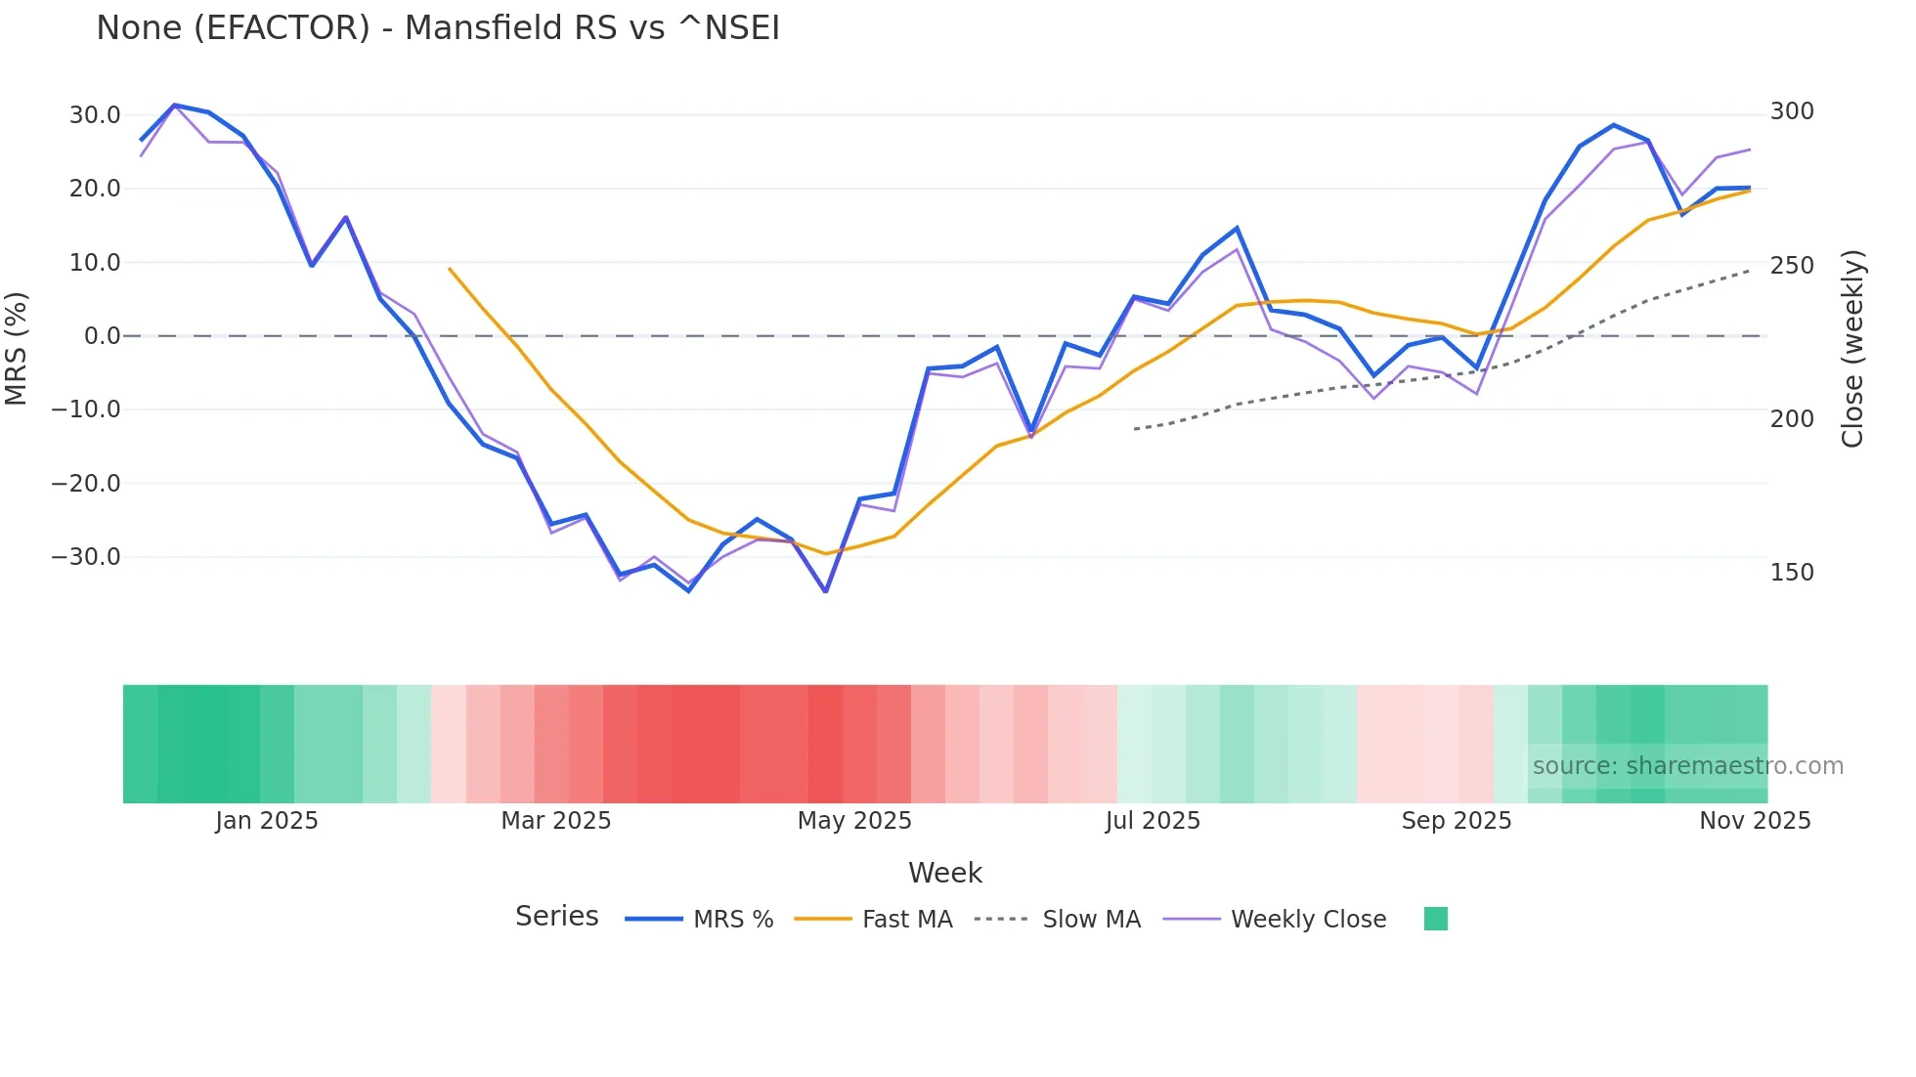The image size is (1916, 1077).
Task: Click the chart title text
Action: click(438, 28)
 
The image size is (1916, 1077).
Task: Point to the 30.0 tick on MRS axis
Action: click(95, 115)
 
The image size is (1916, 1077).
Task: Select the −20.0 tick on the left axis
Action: click(86, 484)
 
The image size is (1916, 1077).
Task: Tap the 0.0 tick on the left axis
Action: click(103, 336)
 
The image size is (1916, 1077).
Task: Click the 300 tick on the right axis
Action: click(1792, 111)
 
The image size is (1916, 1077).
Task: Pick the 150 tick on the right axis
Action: click(1792, 573)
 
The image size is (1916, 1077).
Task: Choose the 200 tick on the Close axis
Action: click(1792, 419)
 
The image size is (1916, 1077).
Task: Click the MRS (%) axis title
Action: click(17, 348)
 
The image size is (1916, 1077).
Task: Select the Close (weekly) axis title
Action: click(1852, 348)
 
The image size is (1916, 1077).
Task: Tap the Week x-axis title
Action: click(944, 873)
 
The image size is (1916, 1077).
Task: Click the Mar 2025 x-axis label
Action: click(555, 821)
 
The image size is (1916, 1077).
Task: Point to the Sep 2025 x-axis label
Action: click(1456, 821)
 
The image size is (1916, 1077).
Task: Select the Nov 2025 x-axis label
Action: click(1755, 821)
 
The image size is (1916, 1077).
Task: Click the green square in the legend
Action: click(1435, 919)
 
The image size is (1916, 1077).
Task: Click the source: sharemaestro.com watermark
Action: click(1687, 766)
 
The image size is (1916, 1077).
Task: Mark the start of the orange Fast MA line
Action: click(449, 268)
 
